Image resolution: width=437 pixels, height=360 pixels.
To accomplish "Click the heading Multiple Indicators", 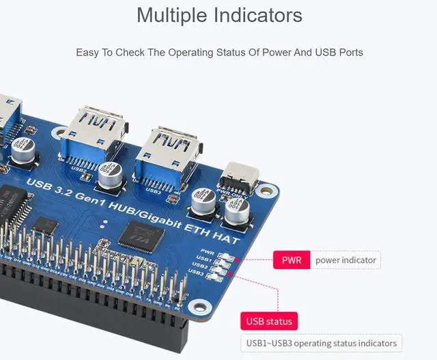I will click(218, 15).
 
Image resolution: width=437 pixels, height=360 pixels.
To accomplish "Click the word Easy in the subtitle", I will click(86, 52).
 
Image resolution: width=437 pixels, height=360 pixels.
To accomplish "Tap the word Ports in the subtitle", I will click(350, 52).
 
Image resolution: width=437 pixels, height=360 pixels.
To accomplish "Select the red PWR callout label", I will click(292, 260).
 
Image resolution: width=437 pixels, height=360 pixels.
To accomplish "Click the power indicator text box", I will click(345, 260).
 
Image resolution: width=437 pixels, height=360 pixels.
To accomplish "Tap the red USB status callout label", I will click(268, 321).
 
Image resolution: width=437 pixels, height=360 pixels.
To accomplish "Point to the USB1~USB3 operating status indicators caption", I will click(321, 343).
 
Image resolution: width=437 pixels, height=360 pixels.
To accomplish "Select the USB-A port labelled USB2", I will click(91, 136).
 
